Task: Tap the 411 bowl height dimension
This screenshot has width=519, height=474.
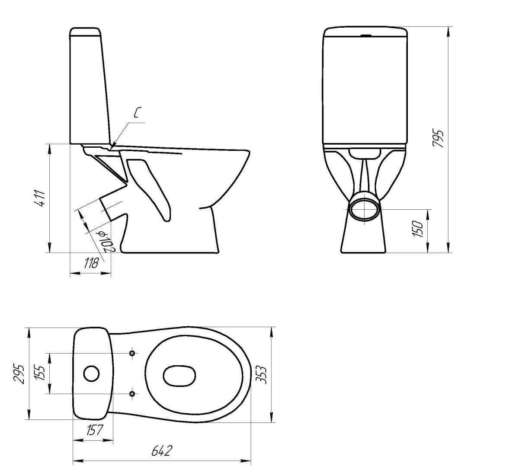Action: pos(41,198)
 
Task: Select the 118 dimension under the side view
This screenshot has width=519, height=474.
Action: pos(92,263)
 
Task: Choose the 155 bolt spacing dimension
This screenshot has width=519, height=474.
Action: pos(40,373)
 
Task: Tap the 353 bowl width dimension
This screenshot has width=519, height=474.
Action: pos(261,375)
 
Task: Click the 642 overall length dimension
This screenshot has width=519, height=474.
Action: pos(161,451)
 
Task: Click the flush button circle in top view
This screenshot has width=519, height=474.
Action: pos(91,373)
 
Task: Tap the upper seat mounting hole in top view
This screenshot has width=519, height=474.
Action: pos(132,353)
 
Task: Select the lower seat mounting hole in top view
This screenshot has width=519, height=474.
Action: pos(132,393)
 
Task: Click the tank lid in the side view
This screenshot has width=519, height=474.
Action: pos(85,31)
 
